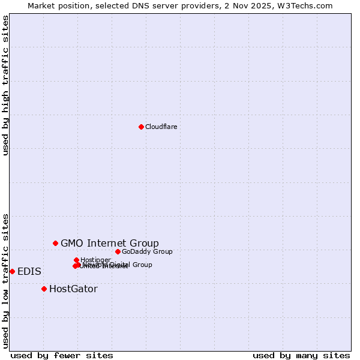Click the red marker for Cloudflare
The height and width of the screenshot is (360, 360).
click(141, 127)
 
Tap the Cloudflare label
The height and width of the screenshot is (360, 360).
click(161, 127)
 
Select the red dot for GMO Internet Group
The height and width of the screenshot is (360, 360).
click(55, 243)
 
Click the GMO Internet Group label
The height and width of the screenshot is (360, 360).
click(110, 243)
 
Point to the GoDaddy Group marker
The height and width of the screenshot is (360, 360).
click(118, 251)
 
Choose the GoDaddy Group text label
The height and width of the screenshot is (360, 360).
click(147, 251)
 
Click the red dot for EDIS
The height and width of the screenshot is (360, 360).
click(12, 271)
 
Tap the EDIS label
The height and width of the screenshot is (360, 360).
click(29, 271)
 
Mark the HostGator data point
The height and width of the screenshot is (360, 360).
click(44, 289)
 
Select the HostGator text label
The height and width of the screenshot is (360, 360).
click(73, 289)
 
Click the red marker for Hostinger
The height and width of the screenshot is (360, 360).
click(76, 260)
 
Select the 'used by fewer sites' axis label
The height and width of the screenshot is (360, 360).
click(62, 355)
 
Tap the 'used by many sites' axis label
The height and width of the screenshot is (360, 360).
click(301, 355)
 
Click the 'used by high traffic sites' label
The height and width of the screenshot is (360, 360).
click(6, 85)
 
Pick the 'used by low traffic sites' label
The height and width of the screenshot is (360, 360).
click(6, 280)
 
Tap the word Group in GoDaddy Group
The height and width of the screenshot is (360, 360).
click(162, 251)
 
